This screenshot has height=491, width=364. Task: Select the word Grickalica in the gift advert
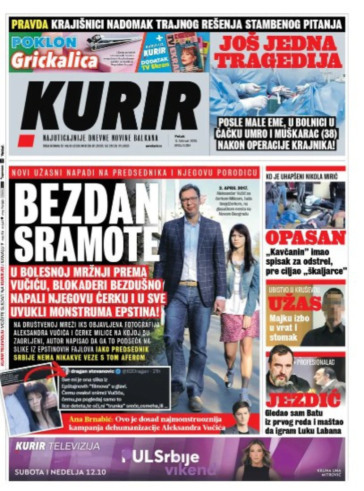55,61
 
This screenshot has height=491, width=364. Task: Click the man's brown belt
188,283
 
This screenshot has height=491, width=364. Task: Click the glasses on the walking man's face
189,199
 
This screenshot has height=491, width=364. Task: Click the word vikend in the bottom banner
190,470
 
